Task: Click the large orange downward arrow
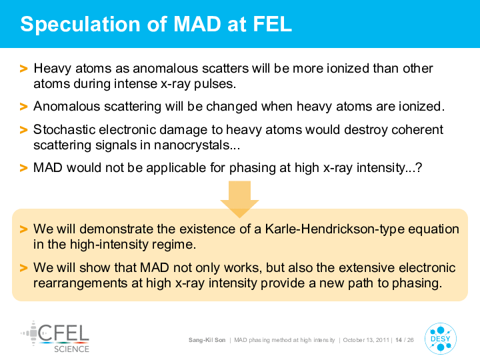(x=240, y=199)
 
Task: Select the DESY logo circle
(x=441, y=339)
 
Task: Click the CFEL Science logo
(x=55, y=337)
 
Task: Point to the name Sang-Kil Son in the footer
(x=207, y=340)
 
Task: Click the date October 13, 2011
(x=366, y=340)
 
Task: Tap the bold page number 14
(x=399, y=340)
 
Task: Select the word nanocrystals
(x=192, y=145)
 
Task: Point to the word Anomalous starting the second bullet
(x=67, y=107)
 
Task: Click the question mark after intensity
(x=419, y=168)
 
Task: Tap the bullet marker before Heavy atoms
(x=23, y=69)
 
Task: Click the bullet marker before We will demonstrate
(x=23, y=229)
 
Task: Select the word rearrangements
(x=80, y=283)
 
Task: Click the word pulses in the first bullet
(x=215, y=84)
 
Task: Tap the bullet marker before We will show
(x=23, y=268)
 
